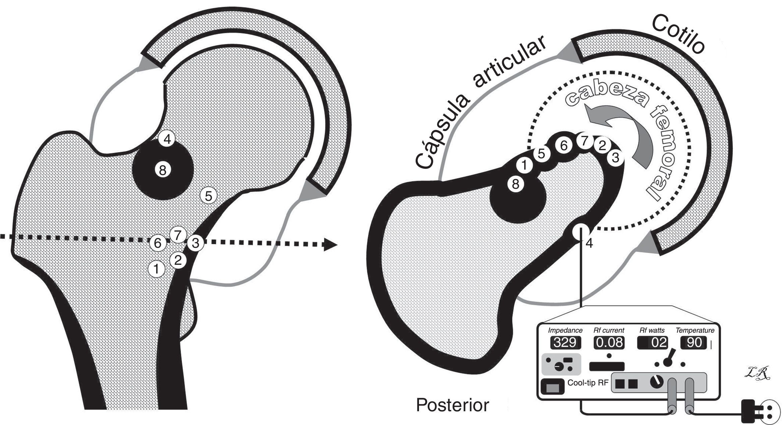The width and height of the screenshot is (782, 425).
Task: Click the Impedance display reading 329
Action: (x=565, y=343)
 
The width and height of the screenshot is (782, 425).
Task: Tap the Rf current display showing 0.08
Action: (x=609, y=343)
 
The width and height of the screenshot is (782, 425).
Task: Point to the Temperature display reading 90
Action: (x=694, y=343)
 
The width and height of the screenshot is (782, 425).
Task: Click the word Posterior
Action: (x=453, y=405)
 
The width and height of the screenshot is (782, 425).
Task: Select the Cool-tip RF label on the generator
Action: (x=588, y=383)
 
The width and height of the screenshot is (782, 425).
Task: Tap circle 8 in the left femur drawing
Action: (x=163, y=170)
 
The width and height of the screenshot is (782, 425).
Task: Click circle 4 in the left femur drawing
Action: (x=167, y=139)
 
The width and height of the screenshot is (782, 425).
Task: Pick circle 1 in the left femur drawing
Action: (x=156, y=269)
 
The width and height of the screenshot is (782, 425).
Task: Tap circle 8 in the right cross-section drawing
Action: (x=516, y=184)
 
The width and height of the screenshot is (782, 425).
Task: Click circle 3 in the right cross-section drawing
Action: (x=615, y=158)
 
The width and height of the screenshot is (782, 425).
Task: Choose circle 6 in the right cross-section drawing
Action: (x=564, y=146)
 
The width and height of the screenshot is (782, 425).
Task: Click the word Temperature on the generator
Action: (x=695, y=330)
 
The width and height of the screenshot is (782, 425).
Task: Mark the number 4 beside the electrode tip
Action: (x=589, y=243)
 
